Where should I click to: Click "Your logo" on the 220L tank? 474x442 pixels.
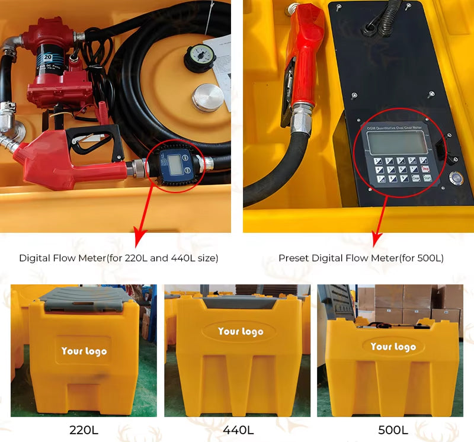[x=84, y=351]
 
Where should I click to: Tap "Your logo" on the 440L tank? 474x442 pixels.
[x=240, y=331]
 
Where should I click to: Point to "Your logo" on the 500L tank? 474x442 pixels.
[x=393, y=347]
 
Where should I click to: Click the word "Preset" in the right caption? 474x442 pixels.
[x=293, y=258]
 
